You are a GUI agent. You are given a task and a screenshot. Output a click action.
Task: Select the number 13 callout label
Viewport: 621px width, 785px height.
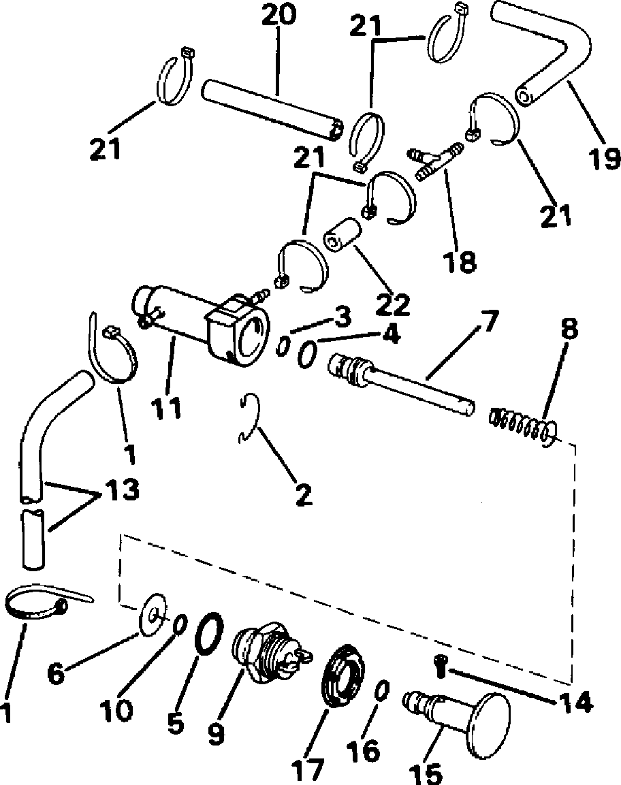[121, 490]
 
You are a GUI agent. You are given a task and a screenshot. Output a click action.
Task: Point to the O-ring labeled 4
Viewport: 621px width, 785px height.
[308, 355]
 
